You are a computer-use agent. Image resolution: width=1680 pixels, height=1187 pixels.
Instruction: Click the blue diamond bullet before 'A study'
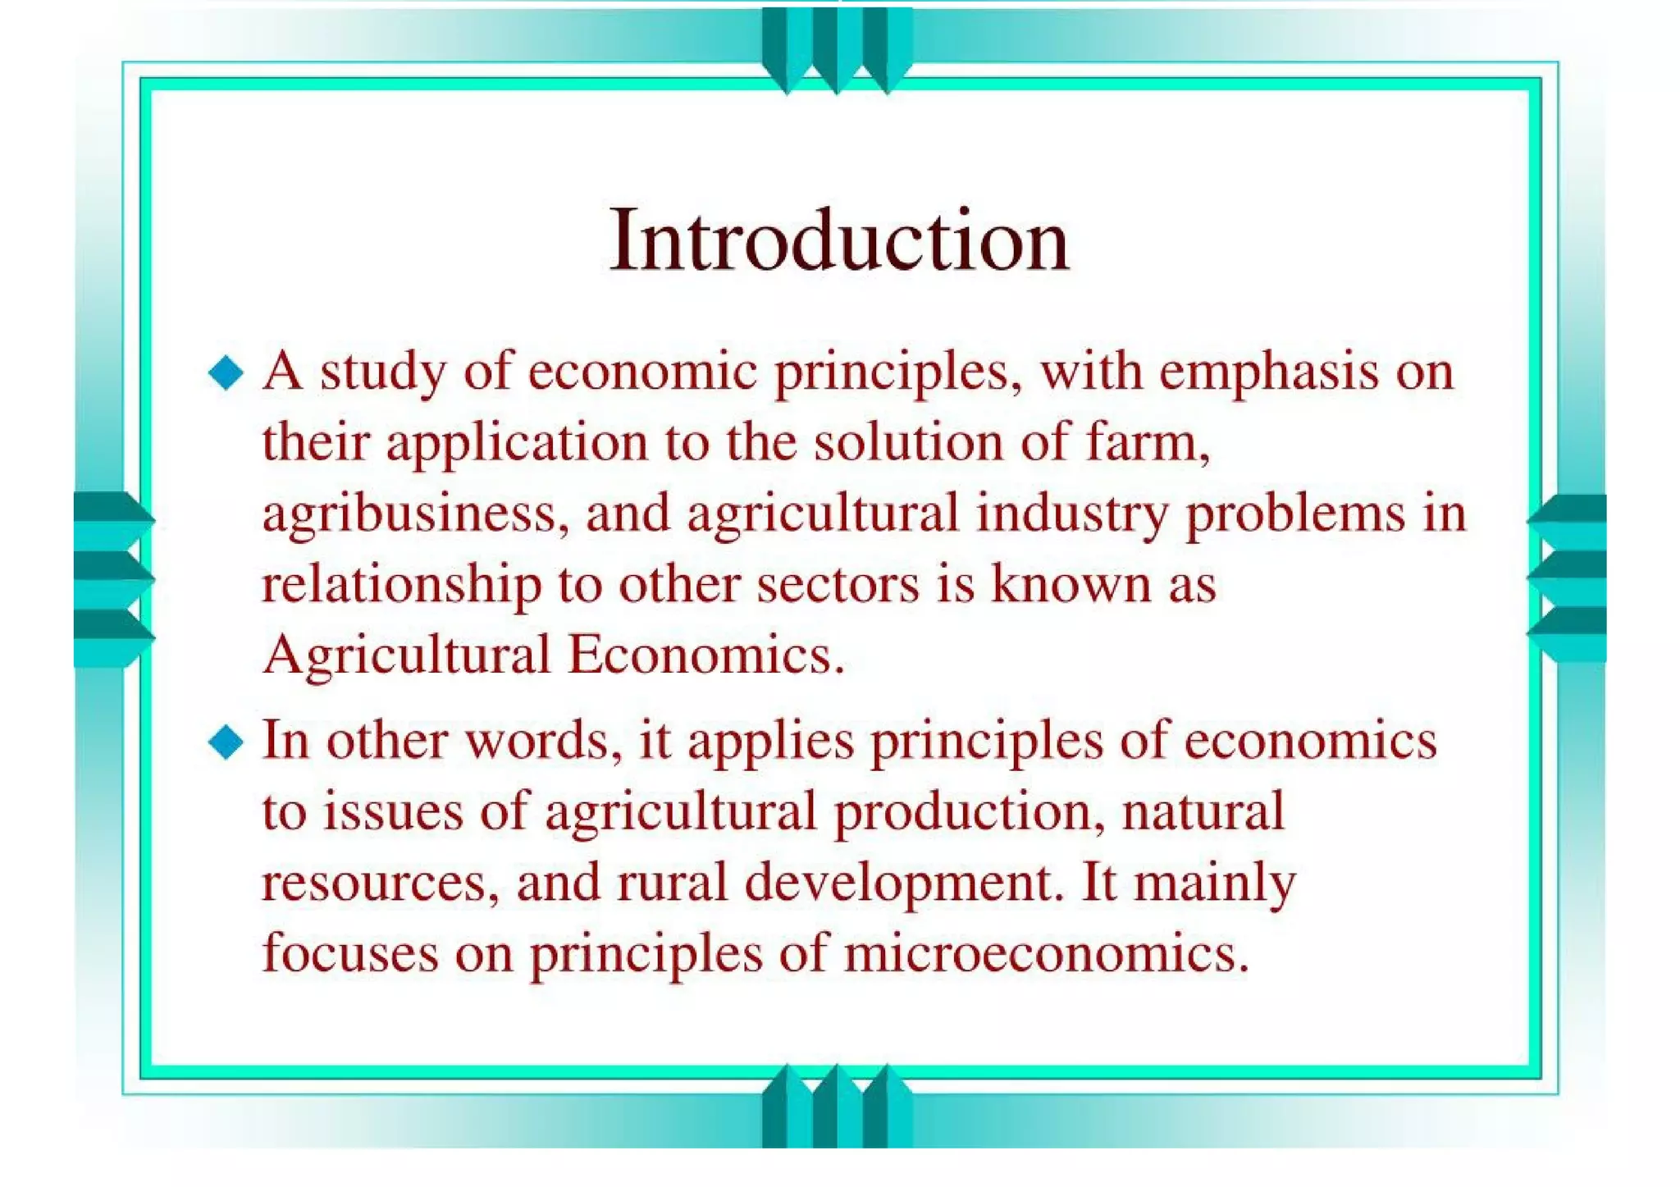(226, 373)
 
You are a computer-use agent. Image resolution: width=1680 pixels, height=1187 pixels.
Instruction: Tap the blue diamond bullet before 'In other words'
(226, 742)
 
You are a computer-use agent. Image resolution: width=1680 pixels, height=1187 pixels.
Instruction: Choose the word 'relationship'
(401, 585)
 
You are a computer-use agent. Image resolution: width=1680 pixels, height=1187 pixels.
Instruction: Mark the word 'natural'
(1203, 812)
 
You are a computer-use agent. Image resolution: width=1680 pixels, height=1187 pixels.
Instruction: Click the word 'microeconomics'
(1046, 954)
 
